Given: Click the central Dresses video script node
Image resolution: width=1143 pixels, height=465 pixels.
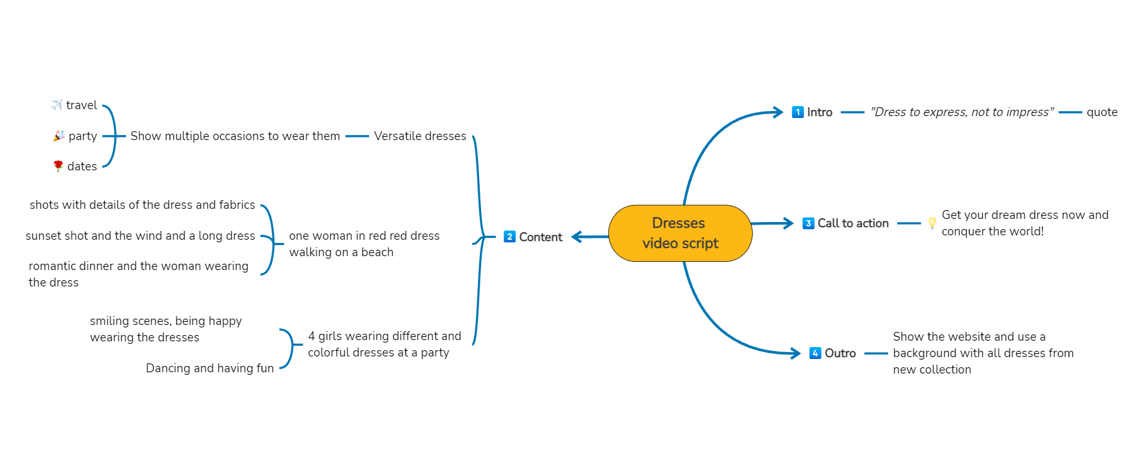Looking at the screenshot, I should (x=680, y=233).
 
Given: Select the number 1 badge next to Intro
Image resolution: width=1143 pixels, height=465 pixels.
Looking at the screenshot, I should (x=798, y=112).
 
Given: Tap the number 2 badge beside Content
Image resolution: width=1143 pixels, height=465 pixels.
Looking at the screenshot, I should (x=509, y=237).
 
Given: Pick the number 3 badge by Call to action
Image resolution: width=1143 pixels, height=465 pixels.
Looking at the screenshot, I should (x=808, y=223).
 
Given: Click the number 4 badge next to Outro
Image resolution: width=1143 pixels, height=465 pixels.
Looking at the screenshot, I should (x=815, y=353).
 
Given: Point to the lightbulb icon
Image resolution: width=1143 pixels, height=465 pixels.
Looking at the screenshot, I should (x=932, y=223).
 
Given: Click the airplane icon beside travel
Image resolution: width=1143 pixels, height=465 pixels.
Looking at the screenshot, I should (x=57, y=105).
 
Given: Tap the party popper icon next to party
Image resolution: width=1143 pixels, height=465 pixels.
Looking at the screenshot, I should (x=59, y=136).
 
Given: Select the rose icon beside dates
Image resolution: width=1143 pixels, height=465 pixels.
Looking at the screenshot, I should (x=58, y=166).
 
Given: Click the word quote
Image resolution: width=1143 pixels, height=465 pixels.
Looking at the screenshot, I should (x=1101, y=112).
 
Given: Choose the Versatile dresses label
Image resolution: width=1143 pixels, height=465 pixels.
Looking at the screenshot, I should (x=420, y=136).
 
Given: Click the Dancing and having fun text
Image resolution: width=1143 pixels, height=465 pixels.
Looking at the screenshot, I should (x=209, y=368).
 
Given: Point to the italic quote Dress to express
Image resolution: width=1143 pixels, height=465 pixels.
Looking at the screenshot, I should (x=961, y=112).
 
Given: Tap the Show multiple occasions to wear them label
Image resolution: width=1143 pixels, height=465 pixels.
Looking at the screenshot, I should (x=235, y=136).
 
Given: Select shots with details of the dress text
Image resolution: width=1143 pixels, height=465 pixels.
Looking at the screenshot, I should (x=142, y=205).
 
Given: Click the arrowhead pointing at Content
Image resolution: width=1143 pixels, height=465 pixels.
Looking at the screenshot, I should (x=575, y=237).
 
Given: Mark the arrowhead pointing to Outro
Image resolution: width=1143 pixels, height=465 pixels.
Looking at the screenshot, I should (x=797, y=353).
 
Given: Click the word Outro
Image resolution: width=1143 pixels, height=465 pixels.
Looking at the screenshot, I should (x=840, y=353).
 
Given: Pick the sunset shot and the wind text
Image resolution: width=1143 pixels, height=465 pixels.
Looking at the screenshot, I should (x=140, y=236).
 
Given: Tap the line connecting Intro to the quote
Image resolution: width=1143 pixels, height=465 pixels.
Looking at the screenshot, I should (x=852, y=112).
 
